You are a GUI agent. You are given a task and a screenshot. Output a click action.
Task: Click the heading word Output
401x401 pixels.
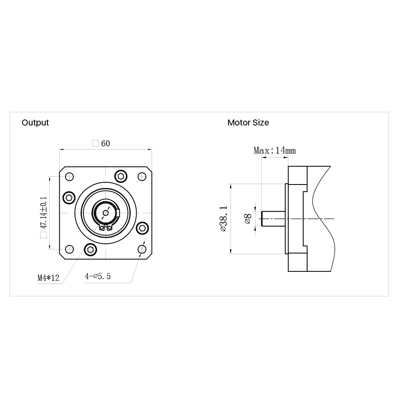(35, 123)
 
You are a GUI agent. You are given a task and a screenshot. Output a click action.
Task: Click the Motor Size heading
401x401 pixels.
(248, 123)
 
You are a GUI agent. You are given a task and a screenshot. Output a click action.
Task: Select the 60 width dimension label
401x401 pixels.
(105, 144)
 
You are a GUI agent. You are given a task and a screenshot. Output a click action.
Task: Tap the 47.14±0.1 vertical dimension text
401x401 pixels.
(43, 213)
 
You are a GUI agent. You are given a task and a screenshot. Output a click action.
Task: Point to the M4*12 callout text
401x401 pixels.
(49, 277)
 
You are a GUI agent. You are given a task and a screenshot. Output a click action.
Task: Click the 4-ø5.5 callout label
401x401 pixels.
(98, 276)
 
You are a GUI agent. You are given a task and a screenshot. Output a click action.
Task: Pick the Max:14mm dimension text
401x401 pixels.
(275, 150)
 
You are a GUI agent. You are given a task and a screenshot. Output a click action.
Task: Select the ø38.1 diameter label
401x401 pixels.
(223, 219)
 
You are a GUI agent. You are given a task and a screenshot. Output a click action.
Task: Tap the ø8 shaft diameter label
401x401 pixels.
(248, 219)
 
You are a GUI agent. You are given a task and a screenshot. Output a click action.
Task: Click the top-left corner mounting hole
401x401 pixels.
(69, 177)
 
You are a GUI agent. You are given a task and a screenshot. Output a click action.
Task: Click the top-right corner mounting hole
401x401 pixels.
(142, 177)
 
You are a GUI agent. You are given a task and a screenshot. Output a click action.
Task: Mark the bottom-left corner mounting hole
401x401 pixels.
(69, 249)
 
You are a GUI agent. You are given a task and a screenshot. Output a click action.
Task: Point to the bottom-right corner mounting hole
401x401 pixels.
(142, 249)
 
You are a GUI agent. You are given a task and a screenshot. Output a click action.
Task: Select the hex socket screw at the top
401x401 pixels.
(121, 176)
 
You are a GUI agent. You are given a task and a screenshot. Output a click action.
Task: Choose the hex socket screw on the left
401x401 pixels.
(69, 198)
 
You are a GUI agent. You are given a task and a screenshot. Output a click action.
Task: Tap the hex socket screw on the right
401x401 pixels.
(142, 228)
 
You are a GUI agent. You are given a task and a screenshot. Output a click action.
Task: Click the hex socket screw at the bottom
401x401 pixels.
(91, 249)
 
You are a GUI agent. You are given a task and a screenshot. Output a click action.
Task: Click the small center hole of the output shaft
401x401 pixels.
(105, 213)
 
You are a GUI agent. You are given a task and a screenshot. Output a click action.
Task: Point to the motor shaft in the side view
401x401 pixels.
(273, 219)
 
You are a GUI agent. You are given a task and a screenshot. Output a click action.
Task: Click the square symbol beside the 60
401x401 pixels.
(95, 143)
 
